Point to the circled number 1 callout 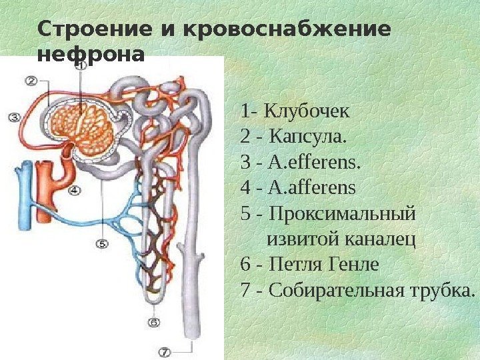pyautogui.click(x=80, y=67)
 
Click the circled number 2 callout pyautogui.click(x=32, y=81)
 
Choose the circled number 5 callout pyautogui.click(x=102, y=244)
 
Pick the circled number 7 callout pyautogui.click(x=165, y=351)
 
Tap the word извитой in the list pyautogui.click(x=298, y=239)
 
